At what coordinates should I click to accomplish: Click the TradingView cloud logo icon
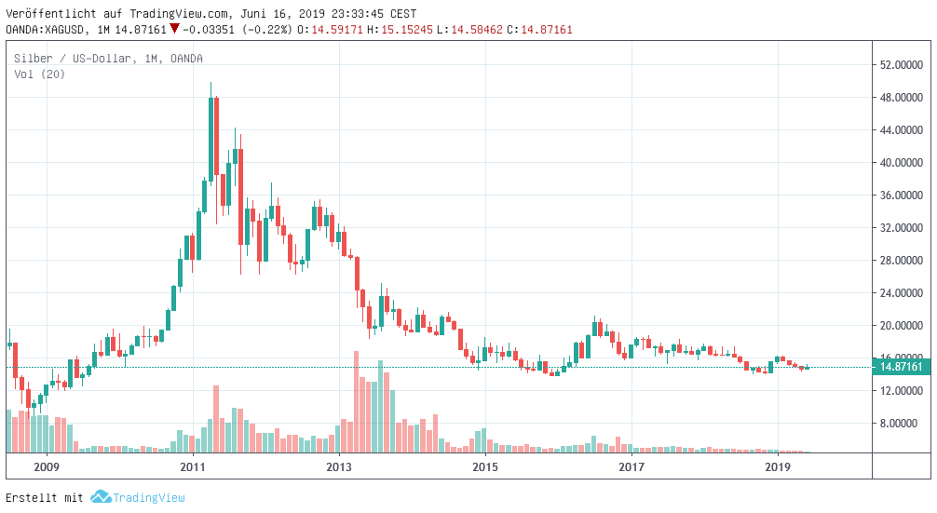(x=101, y=497)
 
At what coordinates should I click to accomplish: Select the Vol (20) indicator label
(x=39, y=74)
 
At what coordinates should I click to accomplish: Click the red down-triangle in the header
(x=174, y=29)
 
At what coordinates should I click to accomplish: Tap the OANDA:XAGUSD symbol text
(x=46, y=30)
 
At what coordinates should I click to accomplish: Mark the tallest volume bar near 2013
(x=356, y=402)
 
